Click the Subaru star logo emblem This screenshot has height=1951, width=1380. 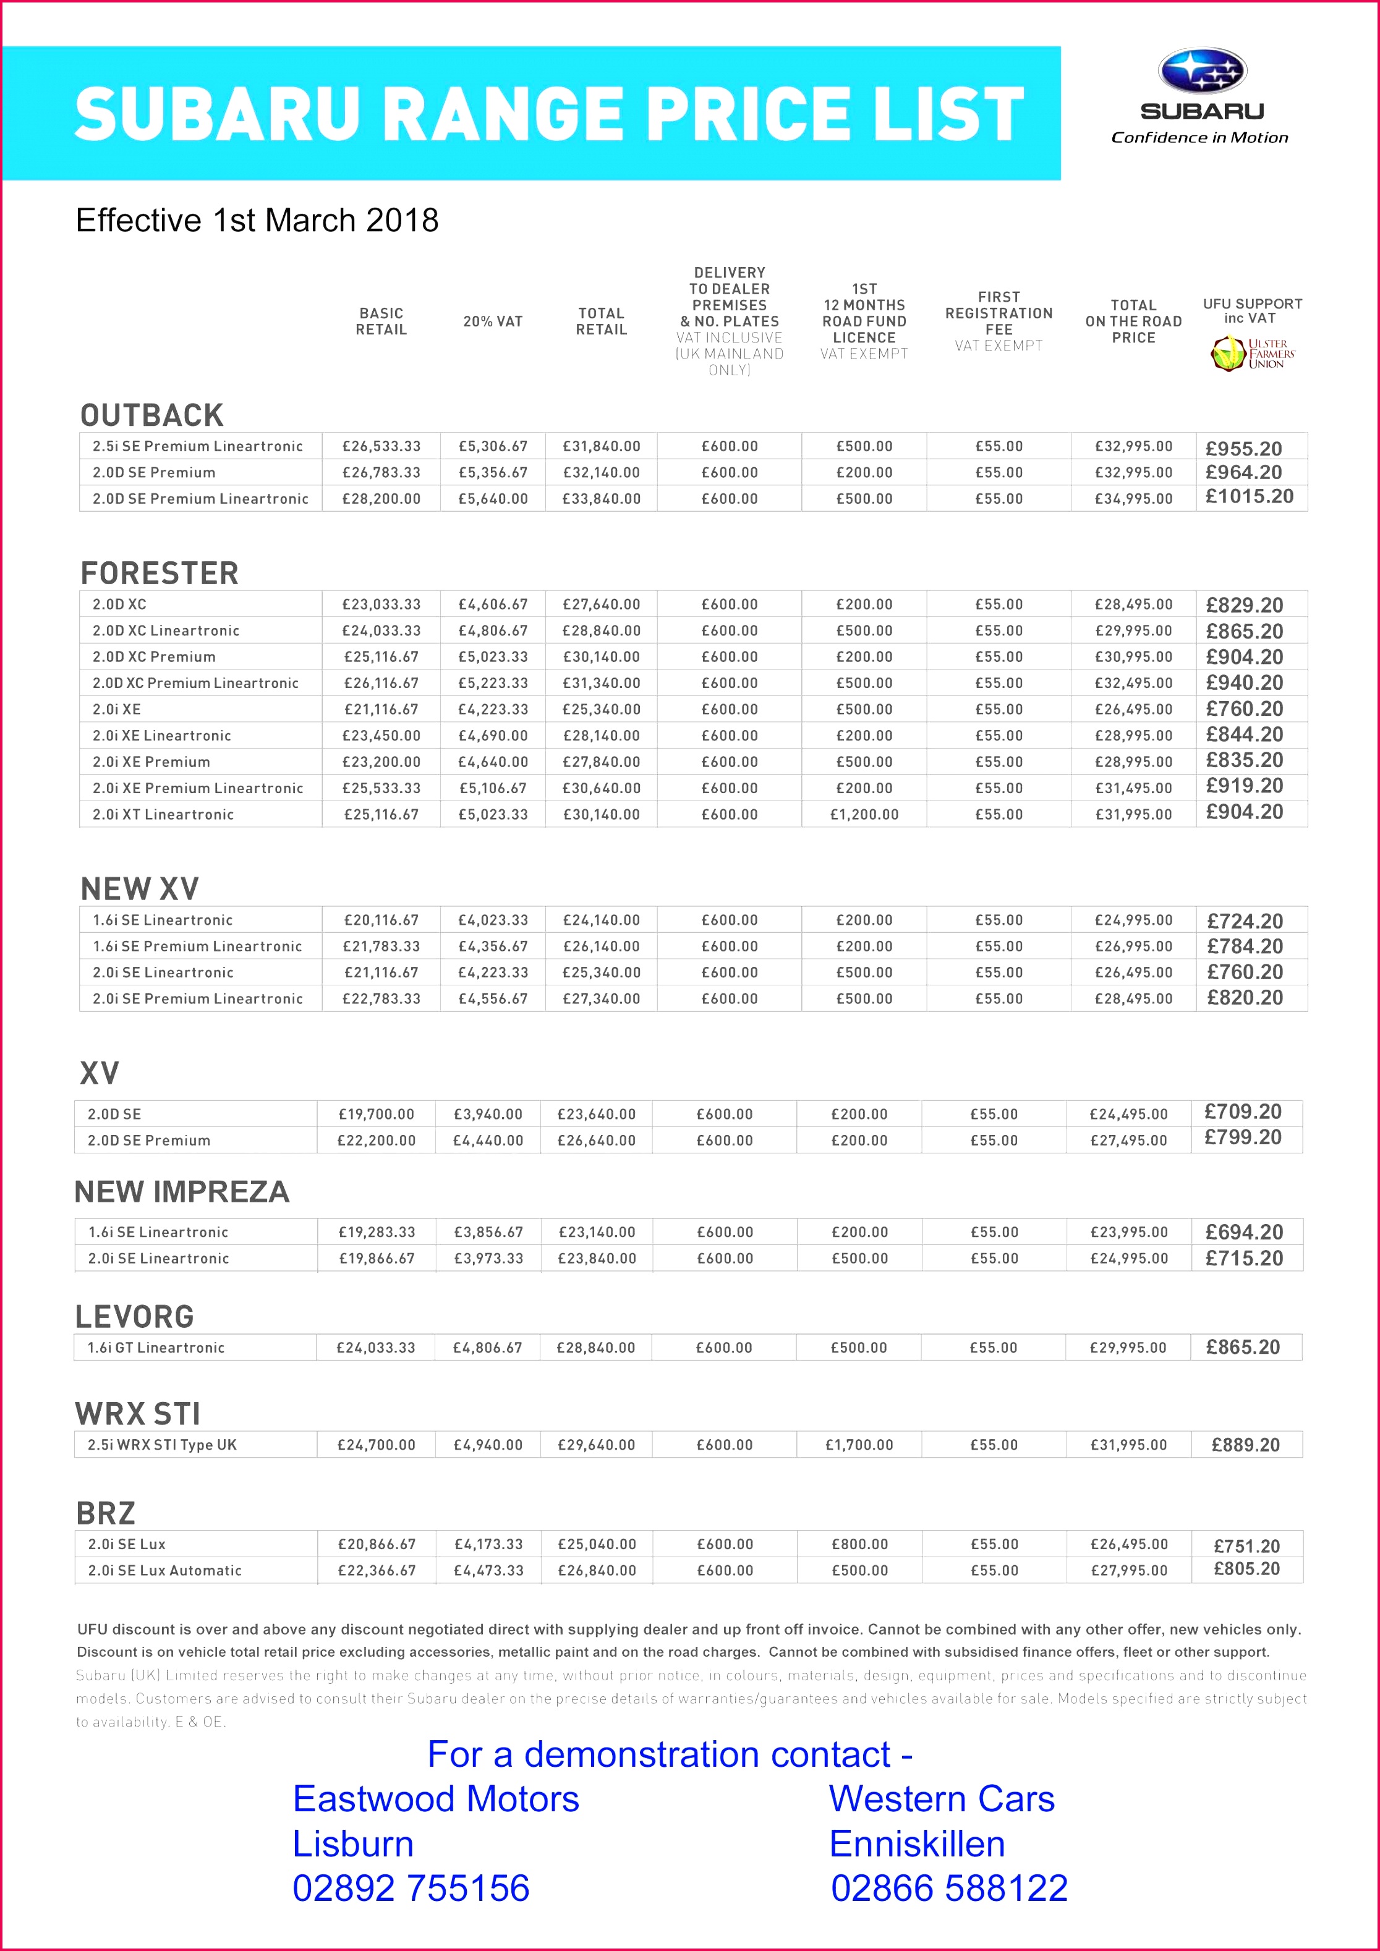tap(1201, 70)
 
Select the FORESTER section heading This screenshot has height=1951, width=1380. tap(160, 574)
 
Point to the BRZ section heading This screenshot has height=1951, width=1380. tap(105, 1513)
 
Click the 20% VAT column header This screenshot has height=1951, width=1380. tap(493, 321)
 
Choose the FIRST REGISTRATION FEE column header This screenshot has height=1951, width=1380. tap(999, 313)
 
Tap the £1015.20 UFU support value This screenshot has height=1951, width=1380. tap(1249, 496)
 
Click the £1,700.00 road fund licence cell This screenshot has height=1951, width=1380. tap(859, 1445)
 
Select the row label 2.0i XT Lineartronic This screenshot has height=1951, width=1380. tap(163, 814)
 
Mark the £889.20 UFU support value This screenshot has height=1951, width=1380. tap(1245, 1445)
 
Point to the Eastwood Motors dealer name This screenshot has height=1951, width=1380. tap(436, 1799)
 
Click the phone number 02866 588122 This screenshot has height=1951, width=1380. tap(949, 1888)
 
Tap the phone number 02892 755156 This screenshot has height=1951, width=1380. tap(411, 1888)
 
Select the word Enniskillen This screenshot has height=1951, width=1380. tap(917, 1844)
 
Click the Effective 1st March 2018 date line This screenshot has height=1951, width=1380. tap(257, 220)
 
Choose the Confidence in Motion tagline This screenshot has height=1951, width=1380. tap(1199, 138)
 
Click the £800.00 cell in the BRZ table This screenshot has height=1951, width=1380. tap(860, 1544)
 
